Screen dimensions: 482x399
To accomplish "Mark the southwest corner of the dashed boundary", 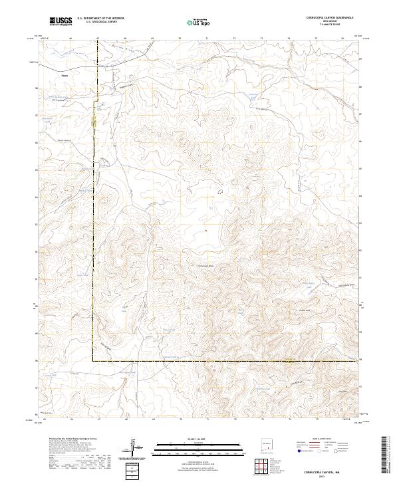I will [92, 360].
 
